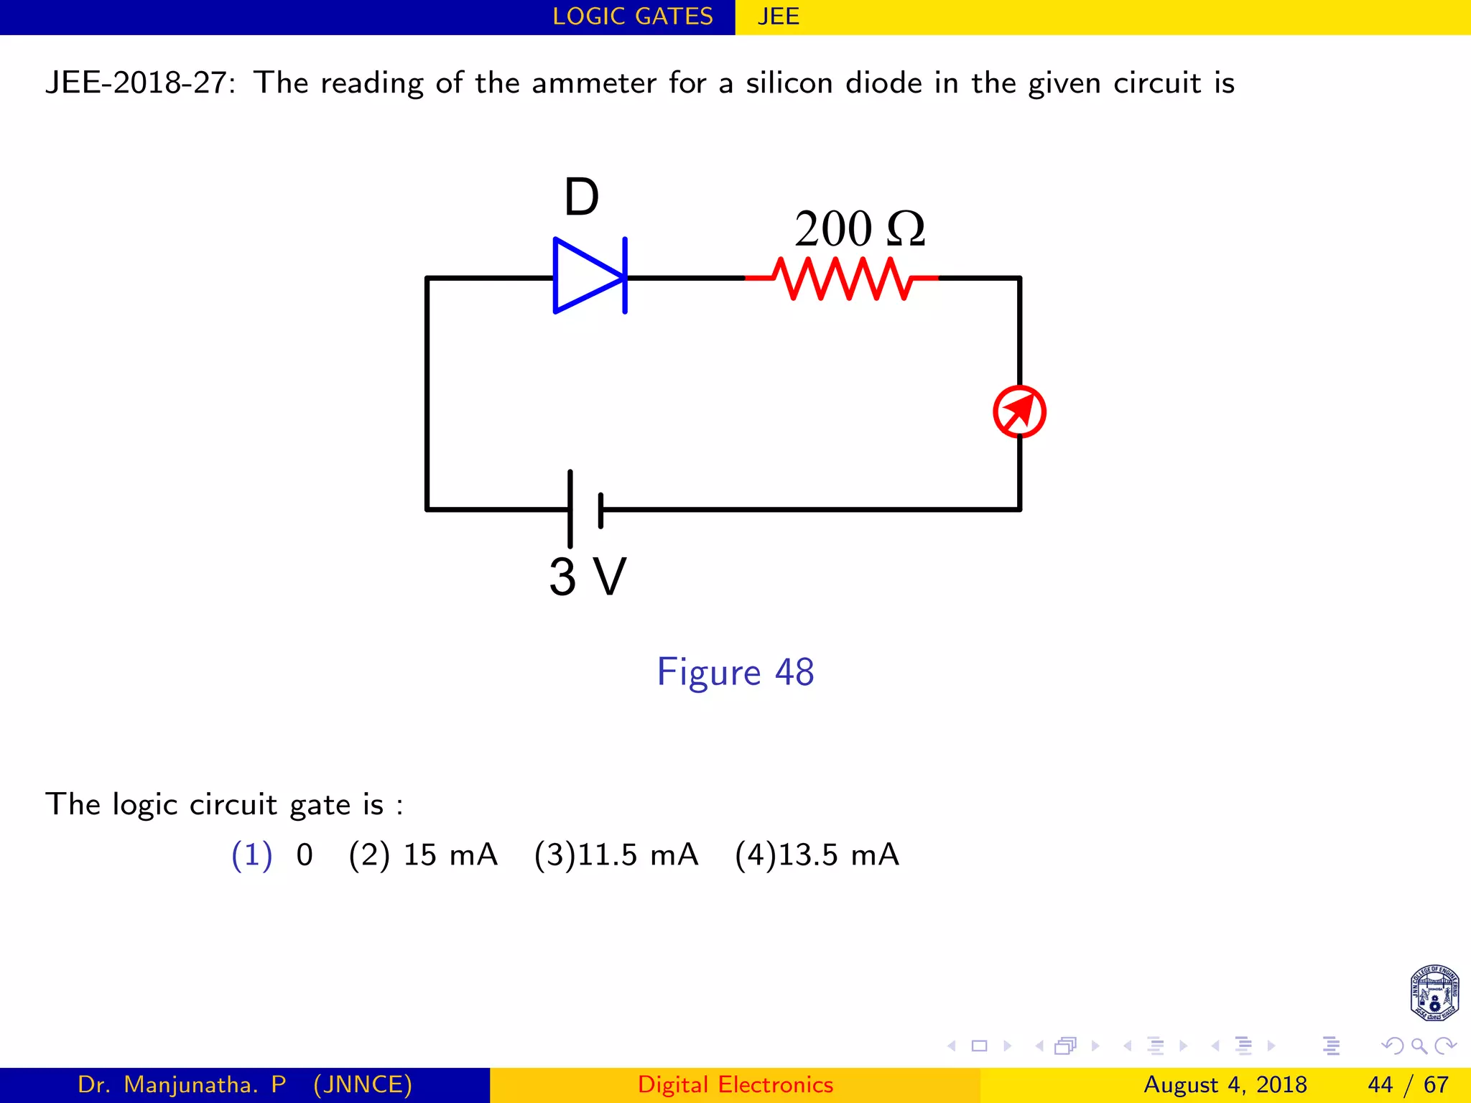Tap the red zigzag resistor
[842, 278]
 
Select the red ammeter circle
[1019, 411]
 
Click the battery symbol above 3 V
[585, 509]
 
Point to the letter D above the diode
[581, 197]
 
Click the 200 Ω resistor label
[859, 229]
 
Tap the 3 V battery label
[588, 577]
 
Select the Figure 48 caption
[735, 672]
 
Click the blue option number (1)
[251, 855]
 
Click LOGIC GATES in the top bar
[632, 17]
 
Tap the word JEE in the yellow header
[778, 17]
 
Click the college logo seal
[1434, 992]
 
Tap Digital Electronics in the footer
[735, 1084]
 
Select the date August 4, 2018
[1225, 1084]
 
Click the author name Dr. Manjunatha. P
[182, 1084]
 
